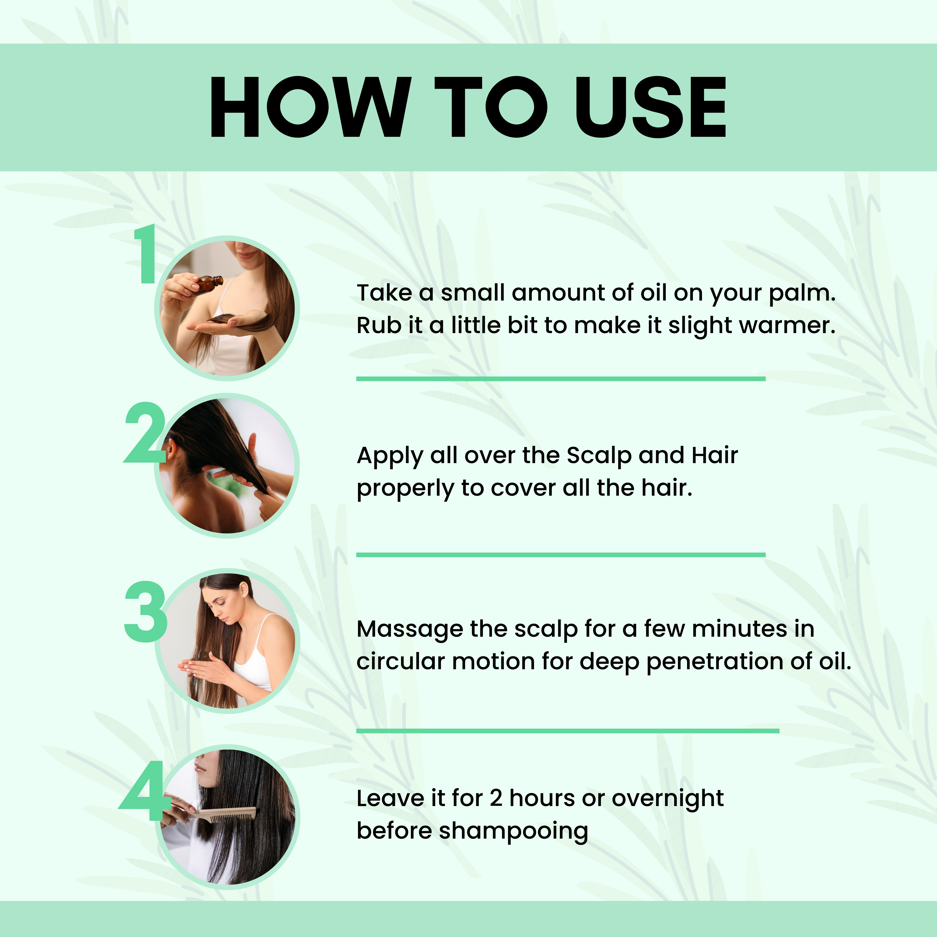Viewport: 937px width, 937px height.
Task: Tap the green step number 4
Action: (x=142, y=791)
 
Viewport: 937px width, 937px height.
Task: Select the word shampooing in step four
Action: (x=514, y=831)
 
